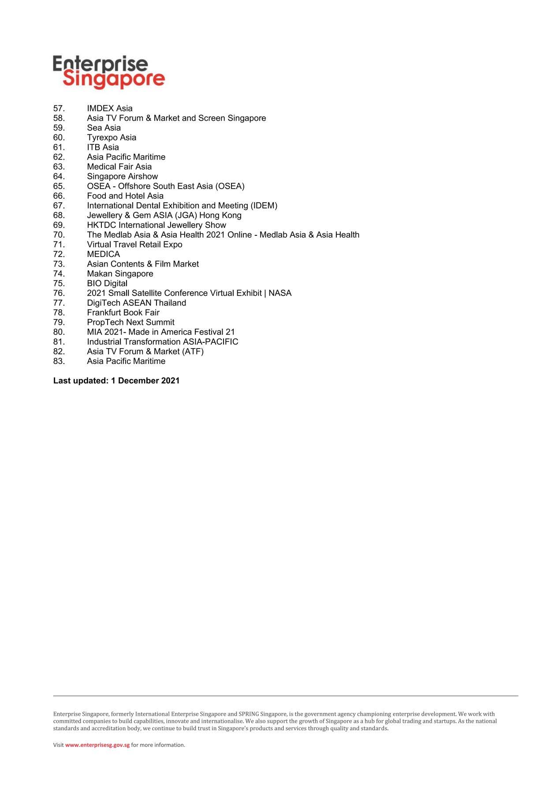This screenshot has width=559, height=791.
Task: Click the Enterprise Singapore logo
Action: (x=108, y=72)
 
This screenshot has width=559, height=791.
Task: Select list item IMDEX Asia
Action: (x=109, y=108)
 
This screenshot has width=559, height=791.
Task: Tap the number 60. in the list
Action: (x=59, y=137)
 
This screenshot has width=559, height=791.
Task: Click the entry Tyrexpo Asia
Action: (x=112, y=137)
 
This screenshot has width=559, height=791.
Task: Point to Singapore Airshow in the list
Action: (x=122, y=176)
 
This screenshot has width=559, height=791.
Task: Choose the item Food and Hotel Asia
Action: (x=125, y=196)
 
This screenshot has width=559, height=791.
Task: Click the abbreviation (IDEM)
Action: (x=264, y=206)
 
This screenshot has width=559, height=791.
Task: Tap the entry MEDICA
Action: (x=103, y=254)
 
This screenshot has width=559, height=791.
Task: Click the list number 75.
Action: (x=59, y=283)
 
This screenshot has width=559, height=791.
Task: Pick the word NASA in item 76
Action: (x=280, y=293)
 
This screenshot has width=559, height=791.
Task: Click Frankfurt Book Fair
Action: (x=123, y=312)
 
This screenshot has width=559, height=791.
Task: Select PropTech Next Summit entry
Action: (x=130, y=322)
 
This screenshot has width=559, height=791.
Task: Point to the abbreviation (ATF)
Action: (x=193, y=352)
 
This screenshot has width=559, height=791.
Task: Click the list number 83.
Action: (x=59, y=361)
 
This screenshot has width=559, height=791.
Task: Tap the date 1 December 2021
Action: (x=145, y=381)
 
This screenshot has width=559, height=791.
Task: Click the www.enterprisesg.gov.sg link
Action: (x=97, y=745)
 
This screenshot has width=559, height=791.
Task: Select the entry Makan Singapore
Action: (x=120, y=274)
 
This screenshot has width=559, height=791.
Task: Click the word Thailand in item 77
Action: (x=170, y=303)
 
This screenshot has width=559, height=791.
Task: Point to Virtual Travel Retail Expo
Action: (x=134, y=245)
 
